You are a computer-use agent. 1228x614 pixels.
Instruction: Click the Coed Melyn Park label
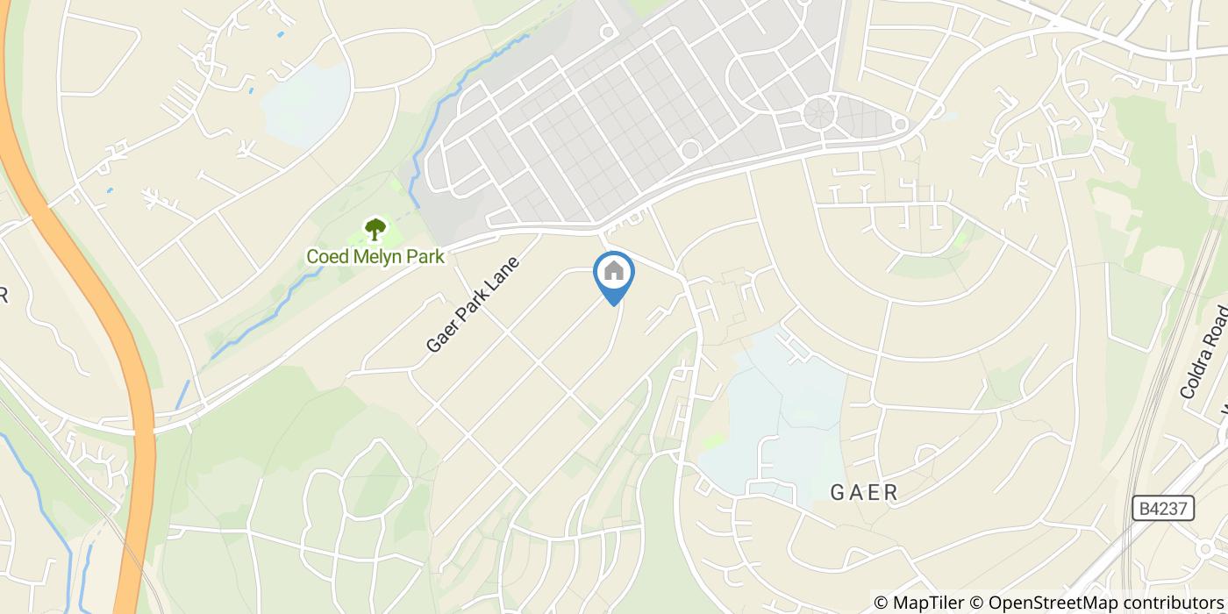click(375, 256)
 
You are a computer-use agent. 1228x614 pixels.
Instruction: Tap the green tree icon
click(375, 230)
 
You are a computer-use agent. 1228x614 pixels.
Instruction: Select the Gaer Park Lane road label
click(473, 304)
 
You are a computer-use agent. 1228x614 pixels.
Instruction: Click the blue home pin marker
click(614, 275)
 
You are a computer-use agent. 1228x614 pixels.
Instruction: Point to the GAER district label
click(864, 493)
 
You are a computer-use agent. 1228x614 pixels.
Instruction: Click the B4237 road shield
click(1162, 509)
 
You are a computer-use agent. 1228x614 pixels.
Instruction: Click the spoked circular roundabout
click(819, 114)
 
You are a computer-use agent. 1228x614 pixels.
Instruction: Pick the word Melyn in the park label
click(375, 256)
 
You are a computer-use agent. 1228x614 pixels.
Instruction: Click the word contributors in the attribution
click(1161, 603)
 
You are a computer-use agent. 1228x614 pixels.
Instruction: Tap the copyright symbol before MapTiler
click(881, 603)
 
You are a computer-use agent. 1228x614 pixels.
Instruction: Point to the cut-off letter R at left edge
click(4, 296)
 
